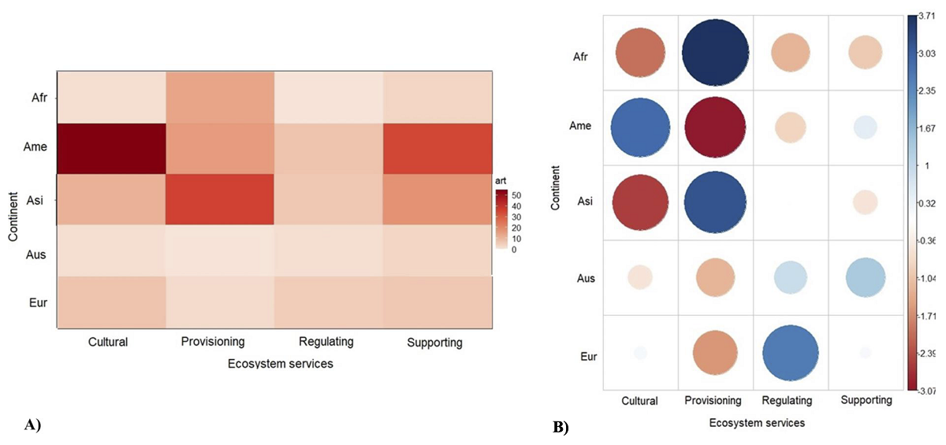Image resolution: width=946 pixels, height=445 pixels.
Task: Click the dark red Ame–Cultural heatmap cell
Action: pyautogui.click(x=110, y=149)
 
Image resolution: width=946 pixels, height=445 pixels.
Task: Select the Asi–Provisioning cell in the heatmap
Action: pyautogui.click(x=219, y=200)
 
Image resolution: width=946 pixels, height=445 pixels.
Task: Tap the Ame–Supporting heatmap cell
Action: pyautogui.click(x=438, y=149)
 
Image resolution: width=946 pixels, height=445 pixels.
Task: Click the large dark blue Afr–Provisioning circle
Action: pyautogui.click(x=715, y=50)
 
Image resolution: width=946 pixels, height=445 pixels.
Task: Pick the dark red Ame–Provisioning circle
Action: pyautogui.click(x=715, y=126)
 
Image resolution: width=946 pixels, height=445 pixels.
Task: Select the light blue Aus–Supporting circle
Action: pyautogui.click(x=866, y=276)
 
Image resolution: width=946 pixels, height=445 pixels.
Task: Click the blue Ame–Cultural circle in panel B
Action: pyautogui.click(x=640, y=126)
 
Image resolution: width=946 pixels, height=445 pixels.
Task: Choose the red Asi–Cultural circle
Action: pyautogui.click(x=640, y=202)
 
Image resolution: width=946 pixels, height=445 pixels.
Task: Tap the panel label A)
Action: pyautogui.click(x=32, y=425)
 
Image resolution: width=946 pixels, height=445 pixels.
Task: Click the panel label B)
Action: pyautogui.click(x=561, y=428)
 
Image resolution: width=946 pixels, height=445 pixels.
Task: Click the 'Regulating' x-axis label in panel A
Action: pyautogui.click(x=326, y=342)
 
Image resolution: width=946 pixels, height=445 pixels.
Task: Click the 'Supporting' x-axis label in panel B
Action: pyautogui.click(x=866, y=400)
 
